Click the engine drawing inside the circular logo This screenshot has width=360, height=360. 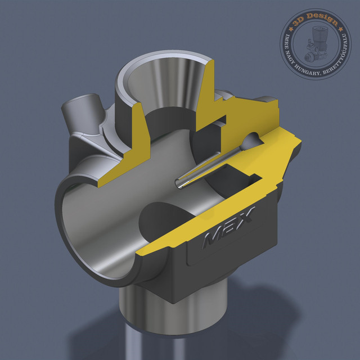[316, 47]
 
